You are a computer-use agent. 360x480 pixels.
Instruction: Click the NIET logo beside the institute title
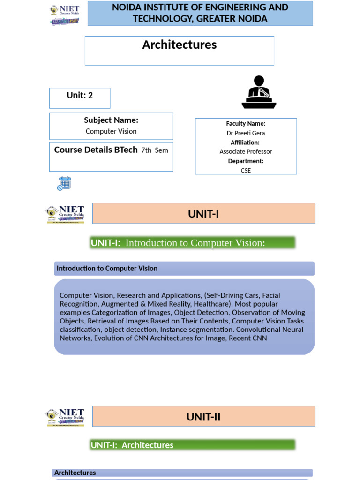tap(65, 15)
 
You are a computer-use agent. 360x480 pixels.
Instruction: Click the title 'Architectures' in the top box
tap(179, 45)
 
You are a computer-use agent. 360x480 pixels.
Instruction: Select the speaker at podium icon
tap(259, 92)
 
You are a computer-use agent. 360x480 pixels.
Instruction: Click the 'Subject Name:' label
tap(111, 120)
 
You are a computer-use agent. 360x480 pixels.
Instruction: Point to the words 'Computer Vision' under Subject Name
tap(111, 131)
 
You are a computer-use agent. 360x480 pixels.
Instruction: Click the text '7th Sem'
tap(155, 150)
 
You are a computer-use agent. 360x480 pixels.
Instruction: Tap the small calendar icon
tap(64, 183)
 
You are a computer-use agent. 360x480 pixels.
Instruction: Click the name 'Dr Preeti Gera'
tap(246, 133)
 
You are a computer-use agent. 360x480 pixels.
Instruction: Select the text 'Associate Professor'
tap(246, 152)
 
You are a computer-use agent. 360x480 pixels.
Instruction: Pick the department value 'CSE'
tap(246, 171)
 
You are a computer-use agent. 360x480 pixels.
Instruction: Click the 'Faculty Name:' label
tap(246, 124)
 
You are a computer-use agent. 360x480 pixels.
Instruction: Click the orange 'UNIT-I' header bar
tap(203, 214)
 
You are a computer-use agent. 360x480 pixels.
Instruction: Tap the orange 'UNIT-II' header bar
tap(203, 417)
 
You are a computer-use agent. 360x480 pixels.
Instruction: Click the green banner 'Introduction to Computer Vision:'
tap(193, 243)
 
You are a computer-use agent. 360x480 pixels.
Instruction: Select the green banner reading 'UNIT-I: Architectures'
tap(193, 445)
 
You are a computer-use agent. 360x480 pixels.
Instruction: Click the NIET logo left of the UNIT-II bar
tap(65, 417)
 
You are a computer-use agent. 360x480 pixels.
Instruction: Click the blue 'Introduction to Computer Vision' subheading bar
tap(184, 269)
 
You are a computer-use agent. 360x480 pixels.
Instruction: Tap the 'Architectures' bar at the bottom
tap(182, 472)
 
